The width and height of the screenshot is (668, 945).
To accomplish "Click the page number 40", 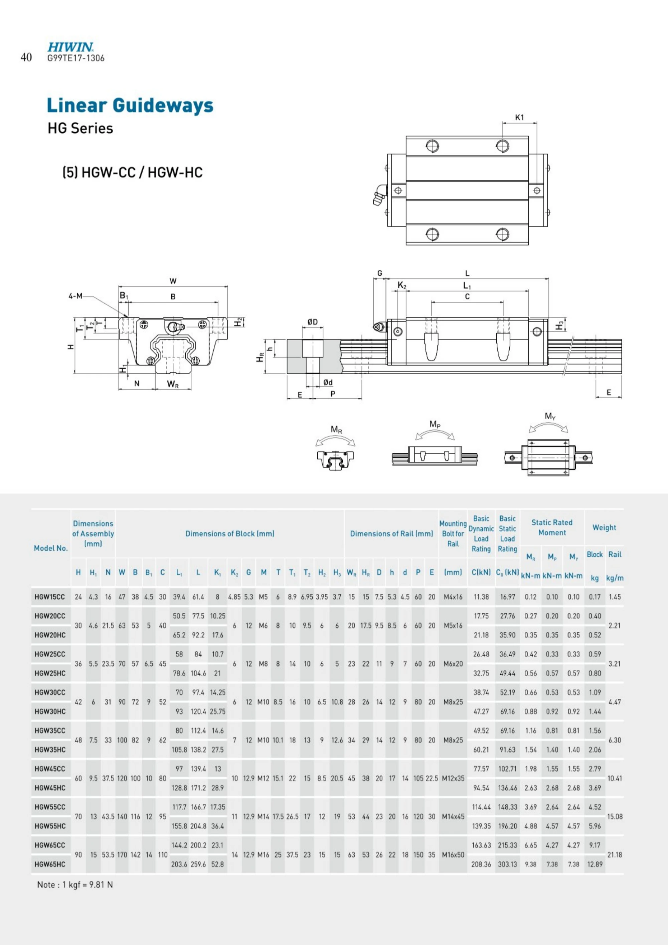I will tap(26, 57).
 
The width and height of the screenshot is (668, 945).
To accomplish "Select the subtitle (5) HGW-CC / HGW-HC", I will tap(133, 172).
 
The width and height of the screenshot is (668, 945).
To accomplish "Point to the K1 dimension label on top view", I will tap(519, 117).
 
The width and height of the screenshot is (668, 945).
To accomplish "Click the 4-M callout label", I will tap(75, 295).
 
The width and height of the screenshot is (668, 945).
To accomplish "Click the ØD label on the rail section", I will tap(312, 321).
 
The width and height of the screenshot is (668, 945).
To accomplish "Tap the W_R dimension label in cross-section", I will tap(173, 384).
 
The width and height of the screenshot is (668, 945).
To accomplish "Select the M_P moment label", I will tap(435, 424).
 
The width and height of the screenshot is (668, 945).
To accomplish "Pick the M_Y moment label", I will tap(550, 416).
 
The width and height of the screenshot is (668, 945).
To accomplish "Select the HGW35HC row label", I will tap(50, 750).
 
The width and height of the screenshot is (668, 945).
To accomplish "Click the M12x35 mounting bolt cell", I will tap(453, 778).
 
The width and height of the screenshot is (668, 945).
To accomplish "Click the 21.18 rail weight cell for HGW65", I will tap(614, 855).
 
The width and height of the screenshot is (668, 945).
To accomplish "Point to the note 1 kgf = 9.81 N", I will tap(75, 885).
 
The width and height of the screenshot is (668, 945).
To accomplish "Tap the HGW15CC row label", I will tap(50, 597).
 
